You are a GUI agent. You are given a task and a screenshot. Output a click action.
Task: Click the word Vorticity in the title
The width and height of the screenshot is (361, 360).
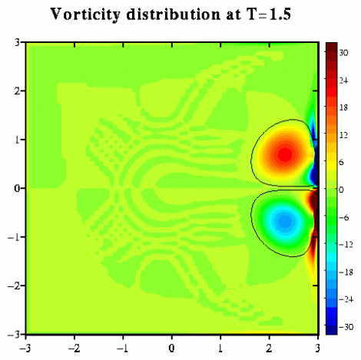coord(85,15)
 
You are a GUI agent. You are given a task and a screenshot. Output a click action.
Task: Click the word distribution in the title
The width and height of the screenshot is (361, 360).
coord(174,14)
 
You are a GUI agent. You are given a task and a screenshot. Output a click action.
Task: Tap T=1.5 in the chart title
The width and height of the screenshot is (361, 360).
coord(266,14)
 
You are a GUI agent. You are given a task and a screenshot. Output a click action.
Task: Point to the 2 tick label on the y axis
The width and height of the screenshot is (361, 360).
coord(17,91)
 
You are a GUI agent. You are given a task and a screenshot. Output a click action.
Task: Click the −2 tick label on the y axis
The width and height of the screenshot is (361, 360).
coord(14,286)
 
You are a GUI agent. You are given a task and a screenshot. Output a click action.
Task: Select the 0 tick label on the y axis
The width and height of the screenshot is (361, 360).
coord(17,189)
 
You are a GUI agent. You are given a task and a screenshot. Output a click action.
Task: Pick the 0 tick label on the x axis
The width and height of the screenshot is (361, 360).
coord(171,348)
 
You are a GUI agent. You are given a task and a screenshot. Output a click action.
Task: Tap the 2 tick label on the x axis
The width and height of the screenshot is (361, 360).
coord(269,348)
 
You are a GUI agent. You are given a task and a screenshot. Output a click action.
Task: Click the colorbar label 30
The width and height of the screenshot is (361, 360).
coord(343,53)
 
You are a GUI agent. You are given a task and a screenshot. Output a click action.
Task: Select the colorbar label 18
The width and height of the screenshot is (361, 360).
coord(343,107)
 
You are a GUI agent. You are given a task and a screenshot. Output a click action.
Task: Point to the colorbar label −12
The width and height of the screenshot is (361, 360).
coord(346,245)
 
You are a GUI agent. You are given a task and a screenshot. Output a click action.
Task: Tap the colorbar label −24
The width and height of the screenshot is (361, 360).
coord(346,299)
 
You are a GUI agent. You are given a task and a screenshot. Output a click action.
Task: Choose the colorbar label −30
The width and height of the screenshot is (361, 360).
coord(346,327)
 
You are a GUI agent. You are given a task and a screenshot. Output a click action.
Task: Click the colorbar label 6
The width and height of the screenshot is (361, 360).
coord(341,162)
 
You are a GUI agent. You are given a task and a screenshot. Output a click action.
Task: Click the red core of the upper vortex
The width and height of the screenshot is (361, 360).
coord(285,154)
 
